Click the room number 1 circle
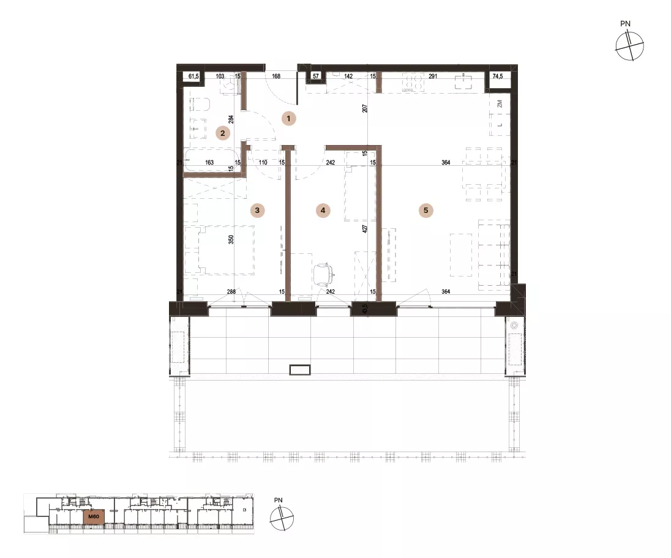288,119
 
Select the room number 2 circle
222,133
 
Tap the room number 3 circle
257,210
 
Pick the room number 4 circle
323,210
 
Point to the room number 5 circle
425,210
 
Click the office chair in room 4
323,273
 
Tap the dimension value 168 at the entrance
276,76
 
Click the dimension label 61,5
193,76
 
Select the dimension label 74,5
498,76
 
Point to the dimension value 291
433,76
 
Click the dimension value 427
365,228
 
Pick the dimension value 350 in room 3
231,239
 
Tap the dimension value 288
231,292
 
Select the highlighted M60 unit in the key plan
94,516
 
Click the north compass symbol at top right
629,46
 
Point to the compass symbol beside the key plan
282,518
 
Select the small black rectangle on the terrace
300,370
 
